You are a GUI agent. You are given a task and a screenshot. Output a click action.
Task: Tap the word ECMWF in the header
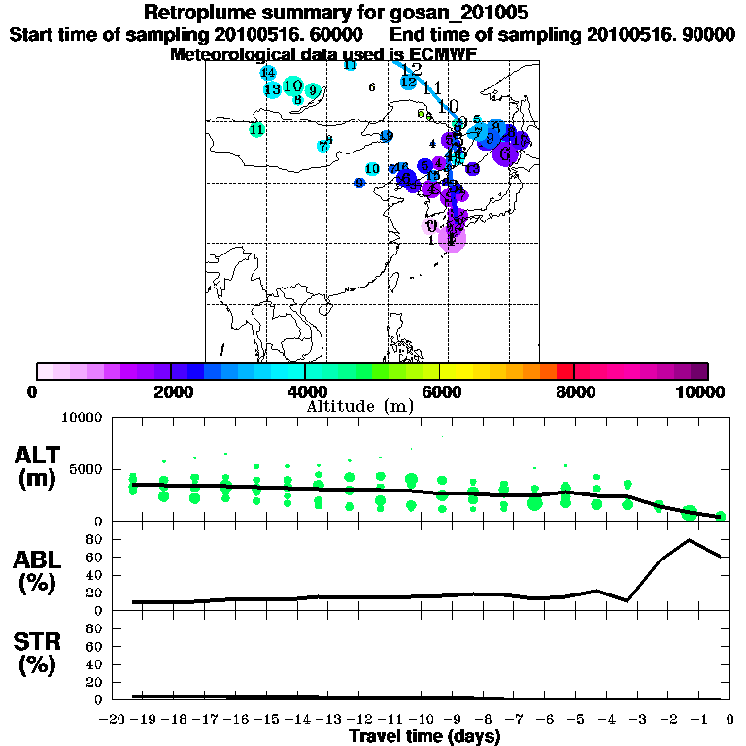pos(443,54)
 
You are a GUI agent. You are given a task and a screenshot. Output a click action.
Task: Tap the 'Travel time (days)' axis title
pos(424,737)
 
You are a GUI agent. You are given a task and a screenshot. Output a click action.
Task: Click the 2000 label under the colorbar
pos(171,391)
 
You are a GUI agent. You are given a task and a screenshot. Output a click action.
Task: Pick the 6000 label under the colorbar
pos(441,391)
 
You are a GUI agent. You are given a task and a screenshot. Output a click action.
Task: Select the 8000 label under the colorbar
pos(575,391)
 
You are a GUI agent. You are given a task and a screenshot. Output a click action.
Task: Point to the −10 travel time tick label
pos(424,720)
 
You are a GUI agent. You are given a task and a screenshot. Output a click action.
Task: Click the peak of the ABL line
pos(689,540)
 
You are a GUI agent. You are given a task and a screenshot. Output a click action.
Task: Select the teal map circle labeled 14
pos(268,73)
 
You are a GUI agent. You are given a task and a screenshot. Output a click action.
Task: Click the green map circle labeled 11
pos(256,129)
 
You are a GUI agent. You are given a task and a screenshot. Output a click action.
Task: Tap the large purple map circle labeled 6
pos(505,153)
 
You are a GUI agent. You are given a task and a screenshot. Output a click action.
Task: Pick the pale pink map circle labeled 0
pos(431,225)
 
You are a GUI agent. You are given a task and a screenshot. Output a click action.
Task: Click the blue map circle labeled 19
pos(387,136)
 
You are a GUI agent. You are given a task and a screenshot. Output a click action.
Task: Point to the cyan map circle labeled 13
pos(272,89)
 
